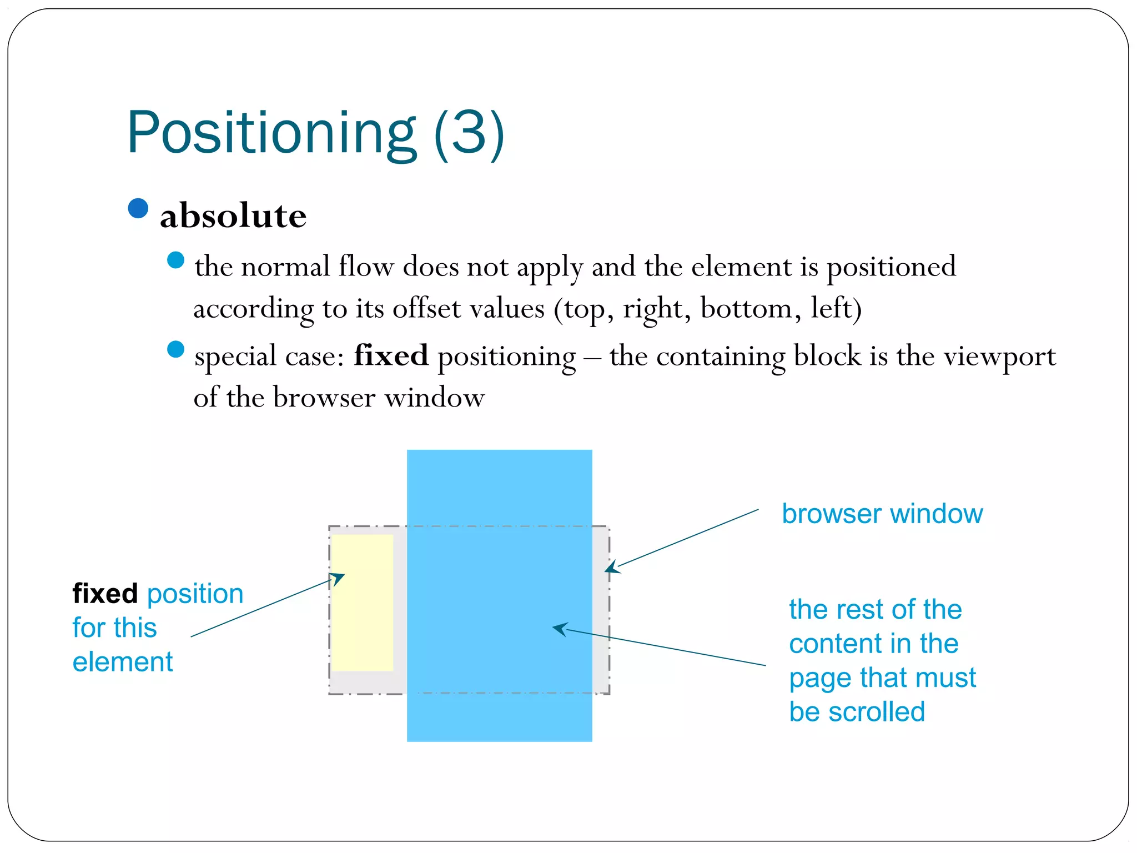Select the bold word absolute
[233, 216]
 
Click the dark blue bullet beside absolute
[138, 208]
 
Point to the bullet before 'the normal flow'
[175, 260]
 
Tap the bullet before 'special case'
[175, 349]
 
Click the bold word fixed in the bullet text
[391, 355]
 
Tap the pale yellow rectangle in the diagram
[363, 603]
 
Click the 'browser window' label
[882, 514]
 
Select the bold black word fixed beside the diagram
[105, 594]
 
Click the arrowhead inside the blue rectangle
[559, 629]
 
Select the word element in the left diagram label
[123, 662]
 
